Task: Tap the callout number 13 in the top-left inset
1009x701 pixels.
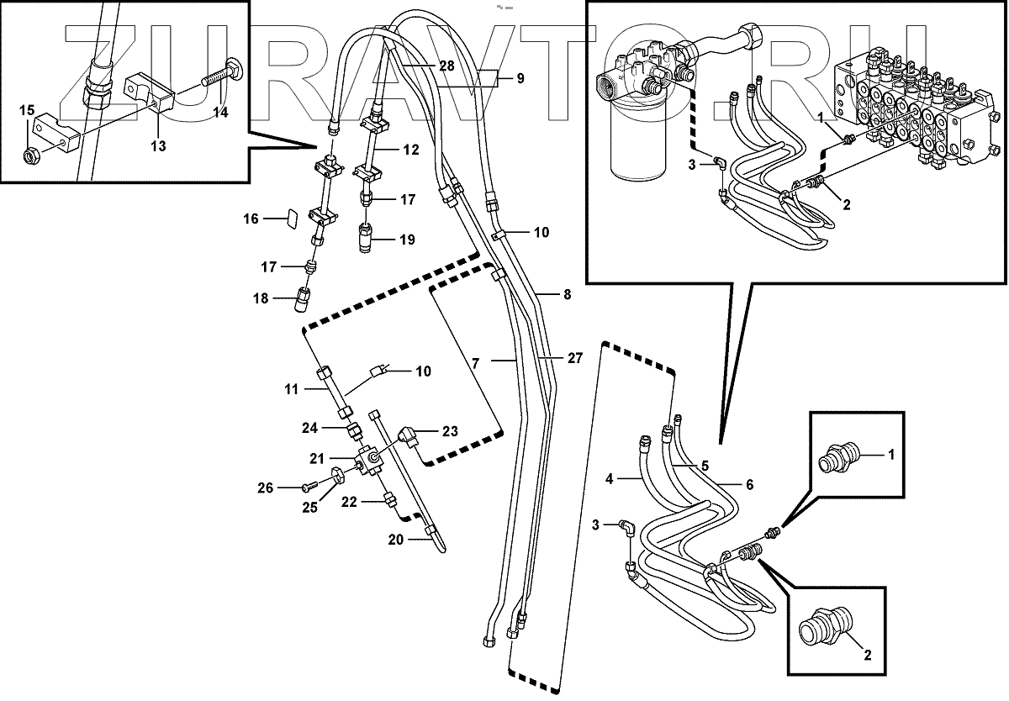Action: tap(158, 145)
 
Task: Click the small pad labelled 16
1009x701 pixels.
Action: tap(289, 219)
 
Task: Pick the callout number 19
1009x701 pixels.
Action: tap(407, 240)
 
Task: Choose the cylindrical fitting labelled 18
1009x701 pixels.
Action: tap(303, 298)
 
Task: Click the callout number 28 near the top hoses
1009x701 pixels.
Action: tap(446, 65)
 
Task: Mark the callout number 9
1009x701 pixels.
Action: tap(520, 78)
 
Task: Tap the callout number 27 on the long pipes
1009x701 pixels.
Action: tap(574, 358)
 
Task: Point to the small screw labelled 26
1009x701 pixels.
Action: tap(308, 487)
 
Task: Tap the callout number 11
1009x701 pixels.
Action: tap(291, 389)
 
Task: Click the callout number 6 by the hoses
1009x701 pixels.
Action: tap(748, 484)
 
